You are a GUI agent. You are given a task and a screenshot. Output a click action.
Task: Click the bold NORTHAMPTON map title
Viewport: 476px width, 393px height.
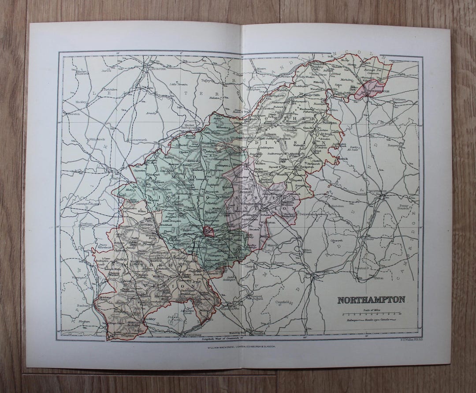pos(371,300)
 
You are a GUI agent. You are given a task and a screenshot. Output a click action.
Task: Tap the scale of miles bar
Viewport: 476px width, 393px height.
pos(372,314)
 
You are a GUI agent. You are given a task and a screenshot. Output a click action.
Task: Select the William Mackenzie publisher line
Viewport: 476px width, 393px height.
pos(238,347)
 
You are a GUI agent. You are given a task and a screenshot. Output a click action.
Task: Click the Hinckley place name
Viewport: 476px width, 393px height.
pos(81,101)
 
